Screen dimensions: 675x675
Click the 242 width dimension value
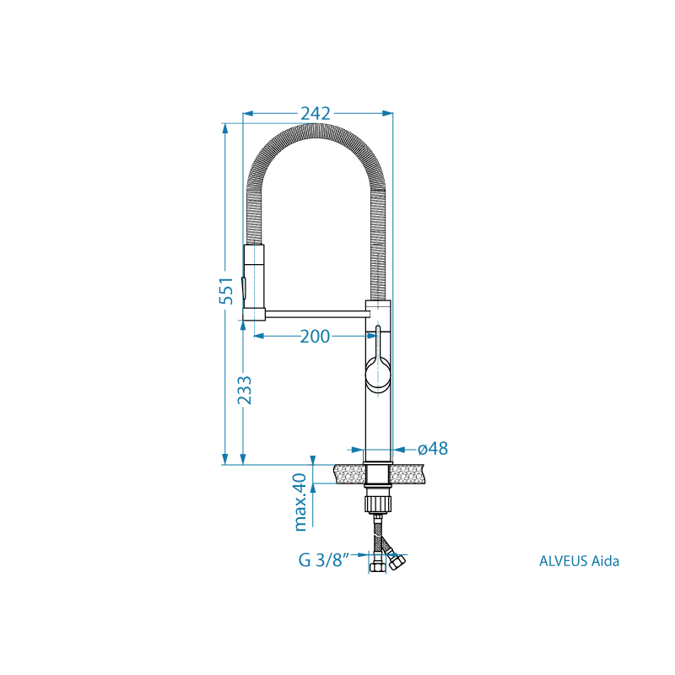[x=316, y=113]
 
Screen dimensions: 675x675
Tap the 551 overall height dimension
[x=226, y=291]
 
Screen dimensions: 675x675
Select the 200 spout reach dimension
[x=315, y=336]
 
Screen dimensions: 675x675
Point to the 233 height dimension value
[x=245, y=390]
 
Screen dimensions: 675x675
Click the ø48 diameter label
[x=433, y=449]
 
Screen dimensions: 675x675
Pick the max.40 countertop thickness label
[x=300, y=502]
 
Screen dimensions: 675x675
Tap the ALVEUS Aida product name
[x=579, y=561]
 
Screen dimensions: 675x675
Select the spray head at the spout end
[x=254, y=282]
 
